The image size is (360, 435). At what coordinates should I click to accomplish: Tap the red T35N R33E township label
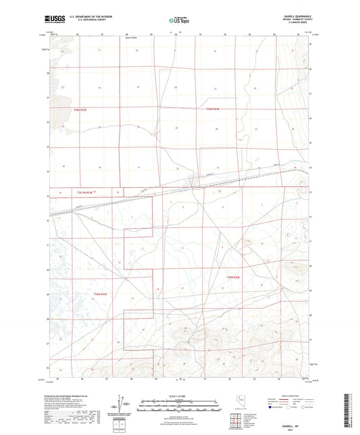point(100,294)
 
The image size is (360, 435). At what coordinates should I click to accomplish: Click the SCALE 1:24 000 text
point(180,395)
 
